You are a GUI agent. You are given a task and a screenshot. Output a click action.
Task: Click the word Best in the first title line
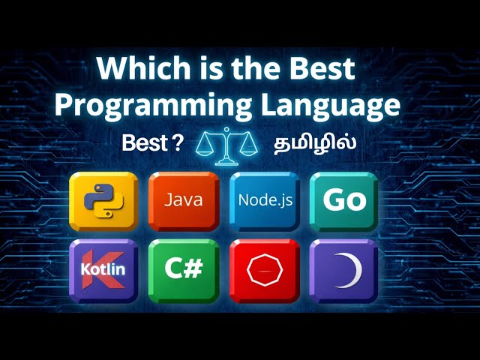318,70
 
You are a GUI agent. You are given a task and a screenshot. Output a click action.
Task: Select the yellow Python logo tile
103,201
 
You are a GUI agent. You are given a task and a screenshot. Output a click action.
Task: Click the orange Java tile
184,201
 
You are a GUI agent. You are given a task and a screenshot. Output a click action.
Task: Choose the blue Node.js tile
264,201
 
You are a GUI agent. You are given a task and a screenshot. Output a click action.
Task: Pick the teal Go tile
344,201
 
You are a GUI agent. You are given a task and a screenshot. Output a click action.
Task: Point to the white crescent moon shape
347,268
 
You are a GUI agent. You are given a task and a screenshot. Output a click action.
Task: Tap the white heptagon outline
264,268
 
